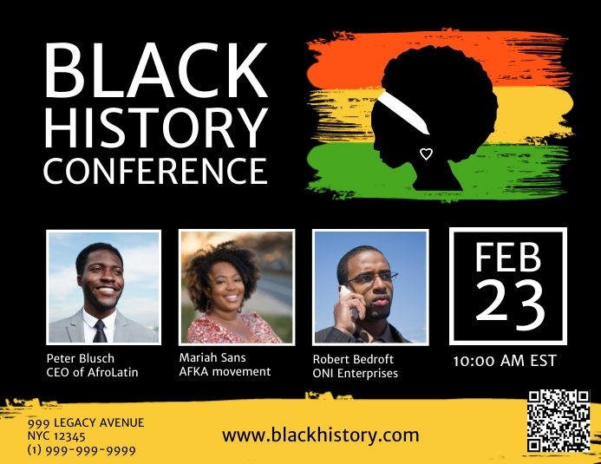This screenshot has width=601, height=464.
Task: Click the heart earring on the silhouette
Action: (x=426, y=154)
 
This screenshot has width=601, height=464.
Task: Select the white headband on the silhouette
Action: (x=406, y=112)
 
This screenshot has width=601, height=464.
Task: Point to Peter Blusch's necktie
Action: (x=100, y=330)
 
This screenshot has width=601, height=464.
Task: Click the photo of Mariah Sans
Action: (x=236, y=287)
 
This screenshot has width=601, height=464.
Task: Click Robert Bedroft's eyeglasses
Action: (x=375, y=278)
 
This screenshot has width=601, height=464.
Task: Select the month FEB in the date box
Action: (x=508, y=258)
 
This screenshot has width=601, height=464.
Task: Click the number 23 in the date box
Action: (x=509, y=304)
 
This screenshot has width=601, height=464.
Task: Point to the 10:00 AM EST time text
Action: (x=505, y=360)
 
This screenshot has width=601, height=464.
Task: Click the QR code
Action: (x=559, y=422)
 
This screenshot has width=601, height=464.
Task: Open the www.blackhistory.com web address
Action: (x=320, y=435)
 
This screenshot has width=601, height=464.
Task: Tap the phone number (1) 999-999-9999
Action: (x=82, y=450)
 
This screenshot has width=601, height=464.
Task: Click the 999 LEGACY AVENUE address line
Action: (x=85, y=422)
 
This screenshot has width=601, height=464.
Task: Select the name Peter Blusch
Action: (x=80, y=358)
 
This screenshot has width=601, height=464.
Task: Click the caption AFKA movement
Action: (x=225, y=371)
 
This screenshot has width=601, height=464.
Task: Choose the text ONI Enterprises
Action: (x=355, y=373)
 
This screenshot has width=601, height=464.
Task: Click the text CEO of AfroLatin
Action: (x=92, y=372)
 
